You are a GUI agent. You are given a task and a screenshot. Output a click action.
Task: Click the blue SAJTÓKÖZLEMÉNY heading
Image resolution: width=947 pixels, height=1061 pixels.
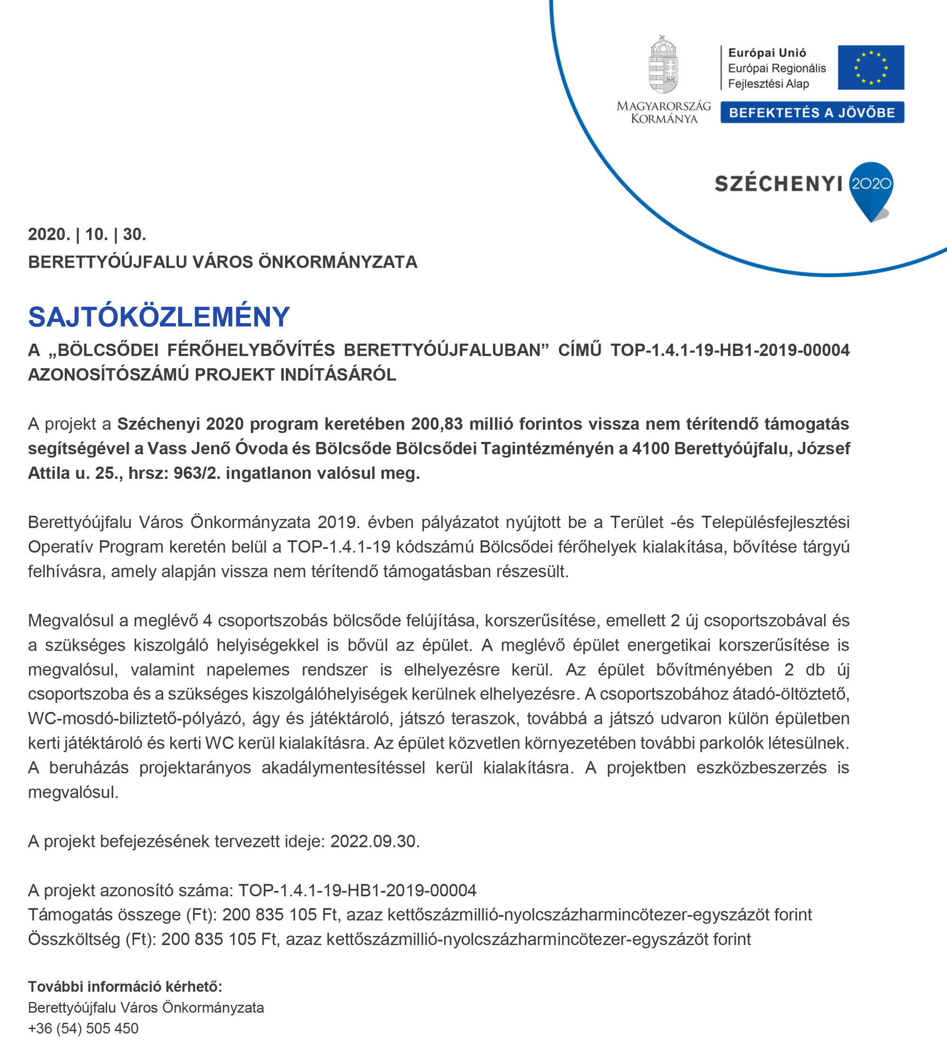coord(159,316)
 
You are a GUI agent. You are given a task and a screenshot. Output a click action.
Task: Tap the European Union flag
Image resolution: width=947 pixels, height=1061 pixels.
coord(870,68)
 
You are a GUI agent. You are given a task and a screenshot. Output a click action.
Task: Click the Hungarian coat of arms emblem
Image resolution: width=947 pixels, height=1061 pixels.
coord(663,65)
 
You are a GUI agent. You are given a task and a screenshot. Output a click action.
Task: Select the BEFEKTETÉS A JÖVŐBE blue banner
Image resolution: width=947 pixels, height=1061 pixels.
coord(812,112)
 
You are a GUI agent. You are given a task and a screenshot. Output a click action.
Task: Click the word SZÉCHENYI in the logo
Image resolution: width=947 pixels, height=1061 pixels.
coord(778,184)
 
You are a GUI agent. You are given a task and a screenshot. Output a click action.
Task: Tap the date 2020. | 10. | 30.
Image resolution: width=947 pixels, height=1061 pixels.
coord(87,234)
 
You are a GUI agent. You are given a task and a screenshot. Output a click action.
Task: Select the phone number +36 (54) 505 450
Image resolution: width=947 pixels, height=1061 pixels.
coord(83,1028)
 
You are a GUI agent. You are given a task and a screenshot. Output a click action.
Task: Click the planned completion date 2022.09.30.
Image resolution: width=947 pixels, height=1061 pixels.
coord(375,842)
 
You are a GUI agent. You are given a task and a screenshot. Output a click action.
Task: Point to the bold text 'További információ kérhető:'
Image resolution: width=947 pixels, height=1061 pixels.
coord(125,986)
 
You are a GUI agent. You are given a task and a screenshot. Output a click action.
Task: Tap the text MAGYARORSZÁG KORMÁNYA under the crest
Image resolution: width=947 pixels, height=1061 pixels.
coord(663,112)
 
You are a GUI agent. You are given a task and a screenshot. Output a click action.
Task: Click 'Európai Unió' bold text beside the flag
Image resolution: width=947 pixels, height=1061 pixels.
coord(767,53)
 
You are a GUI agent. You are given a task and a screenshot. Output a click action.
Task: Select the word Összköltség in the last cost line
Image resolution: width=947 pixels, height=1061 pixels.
coord(74,939)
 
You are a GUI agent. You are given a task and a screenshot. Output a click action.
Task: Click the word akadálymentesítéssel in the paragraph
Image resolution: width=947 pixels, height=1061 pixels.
coord(343,767)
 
